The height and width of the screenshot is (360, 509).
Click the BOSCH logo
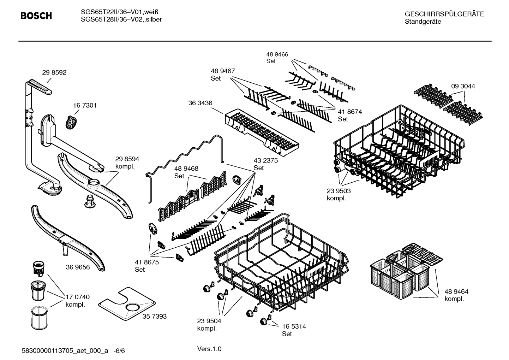pos(36,16)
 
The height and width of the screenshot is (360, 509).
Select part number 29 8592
pos(54,72)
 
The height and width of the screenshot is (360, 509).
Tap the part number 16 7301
pos(85,105)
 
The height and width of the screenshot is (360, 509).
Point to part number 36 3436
pos(200,103)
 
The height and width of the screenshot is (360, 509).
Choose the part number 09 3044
pos(463,86)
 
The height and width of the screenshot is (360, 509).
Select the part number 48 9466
pos(277,54)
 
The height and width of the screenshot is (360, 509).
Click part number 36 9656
pos(78,267)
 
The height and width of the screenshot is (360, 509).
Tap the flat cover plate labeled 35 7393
pos(127,303)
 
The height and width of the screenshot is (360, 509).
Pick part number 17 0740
pos(77,297)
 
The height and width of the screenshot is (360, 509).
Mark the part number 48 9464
pos(456,291)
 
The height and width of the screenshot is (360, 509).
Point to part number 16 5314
pos(294,326)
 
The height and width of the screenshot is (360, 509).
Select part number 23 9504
pos(209,321)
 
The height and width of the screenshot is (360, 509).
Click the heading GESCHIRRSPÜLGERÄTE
pos(444,14)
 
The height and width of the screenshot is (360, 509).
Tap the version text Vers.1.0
pos(209,349)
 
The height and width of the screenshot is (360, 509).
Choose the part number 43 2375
pos(265,160)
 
